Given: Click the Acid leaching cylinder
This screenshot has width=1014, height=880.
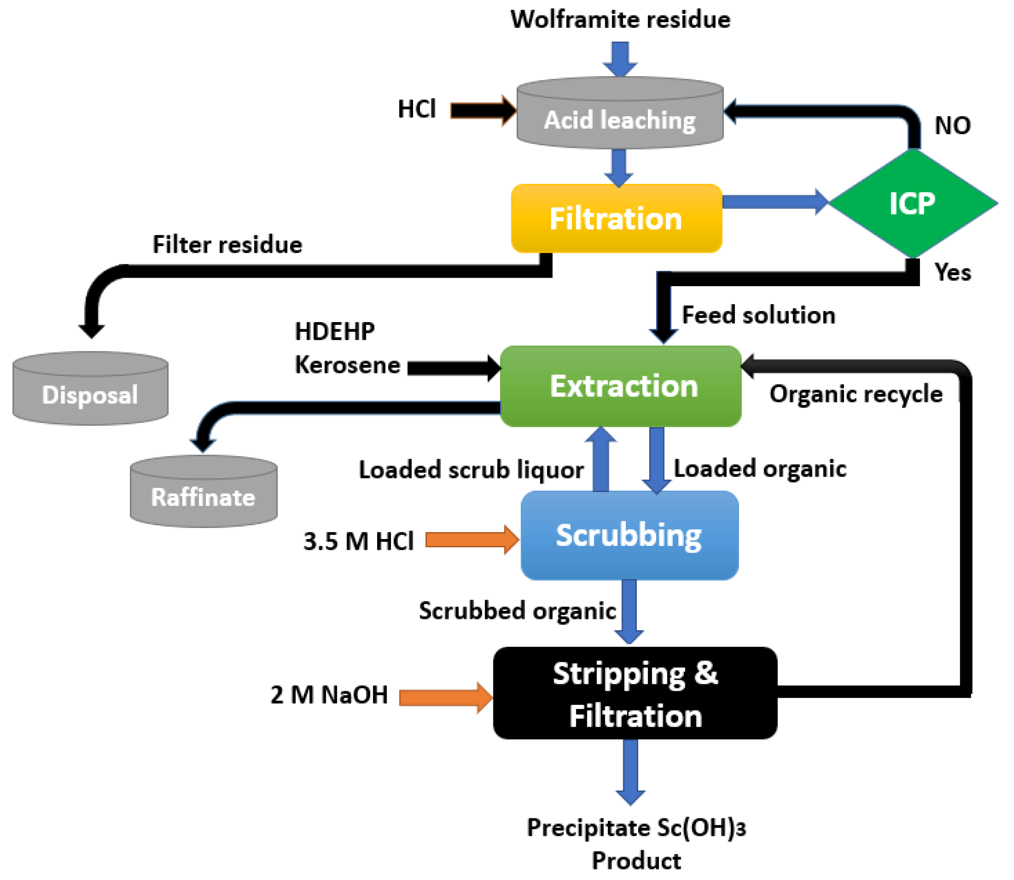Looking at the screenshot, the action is pyautogui.click(x=620, y=112).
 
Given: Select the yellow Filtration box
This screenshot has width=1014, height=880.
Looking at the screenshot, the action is pyautogui.click(x=616, y=219).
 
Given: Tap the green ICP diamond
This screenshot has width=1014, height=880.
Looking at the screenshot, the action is pyautogui.click(x=913, y=203).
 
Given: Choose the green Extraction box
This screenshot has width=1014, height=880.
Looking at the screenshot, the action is pyautogui.click(x=621, y=386).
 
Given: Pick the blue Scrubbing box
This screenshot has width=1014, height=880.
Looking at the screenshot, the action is pyautogui.click(x=630, y=535).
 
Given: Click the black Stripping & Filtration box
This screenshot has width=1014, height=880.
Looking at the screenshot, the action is pyautogui.click(x=635, y=693).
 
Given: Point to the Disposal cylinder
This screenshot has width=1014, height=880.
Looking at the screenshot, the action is pyautogui.click(x=91, y=388).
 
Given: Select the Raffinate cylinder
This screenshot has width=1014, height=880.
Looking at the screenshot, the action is pyautogui.click(x=204, y=491).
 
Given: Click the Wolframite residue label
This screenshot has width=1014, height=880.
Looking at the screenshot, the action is pyautogui.click(x=620, y=20).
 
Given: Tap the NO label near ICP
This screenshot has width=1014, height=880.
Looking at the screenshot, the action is pyautogui.click(x=952, y=126).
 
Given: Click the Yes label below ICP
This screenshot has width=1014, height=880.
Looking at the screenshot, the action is pyautogui.click(x=952, y=272).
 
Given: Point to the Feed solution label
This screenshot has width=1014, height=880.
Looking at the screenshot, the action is pyautogui.click(x=759, y=315).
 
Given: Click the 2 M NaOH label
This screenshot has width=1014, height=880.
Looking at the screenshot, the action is pyautogui.click(x=329, y=695).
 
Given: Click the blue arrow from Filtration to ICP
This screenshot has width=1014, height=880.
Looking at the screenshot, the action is pyautogui.click(x=776, y=202).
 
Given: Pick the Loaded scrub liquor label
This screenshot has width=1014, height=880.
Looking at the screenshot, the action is pyautogui.click(x=472, y=470).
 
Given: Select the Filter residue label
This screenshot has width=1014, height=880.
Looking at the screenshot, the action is pyautogui.click(x=227, y=244).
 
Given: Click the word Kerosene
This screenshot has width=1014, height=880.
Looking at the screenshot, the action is pyautogui.click(x=348, y=365).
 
